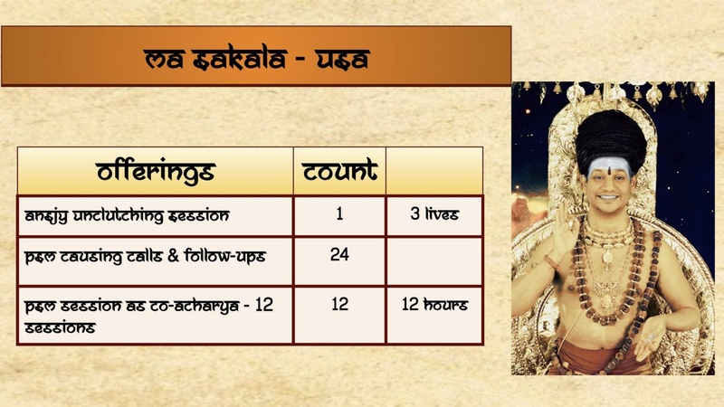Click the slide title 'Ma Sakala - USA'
257,60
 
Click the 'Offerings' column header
155,171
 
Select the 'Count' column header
339,171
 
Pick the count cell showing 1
339,216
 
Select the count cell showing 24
339,255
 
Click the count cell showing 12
339,305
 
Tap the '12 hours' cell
434,305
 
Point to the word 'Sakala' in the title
232,61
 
